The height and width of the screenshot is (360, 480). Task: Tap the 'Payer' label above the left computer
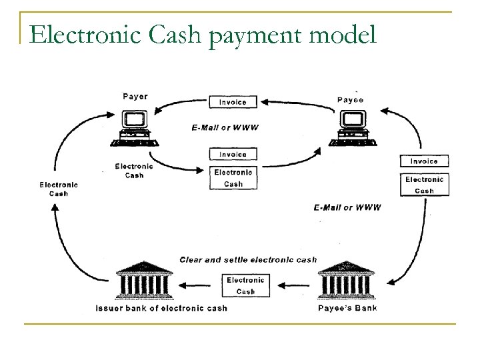(135, 96)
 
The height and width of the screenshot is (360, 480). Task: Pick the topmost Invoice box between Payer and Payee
(233, 102)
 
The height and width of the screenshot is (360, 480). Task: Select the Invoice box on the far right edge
(424, 161)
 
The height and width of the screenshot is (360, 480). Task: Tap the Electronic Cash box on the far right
(424, 185)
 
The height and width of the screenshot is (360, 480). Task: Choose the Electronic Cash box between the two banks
(245, 285)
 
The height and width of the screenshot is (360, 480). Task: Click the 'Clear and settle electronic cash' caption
(248, 259)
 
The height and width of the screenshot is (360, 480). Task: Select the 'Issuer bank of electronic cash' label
(162, 308)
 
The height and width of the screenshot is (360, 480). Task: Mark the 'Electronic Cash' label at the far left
(59, 189)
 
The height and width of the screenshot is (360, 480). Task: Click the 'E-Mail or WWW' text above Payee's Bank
(347, 207)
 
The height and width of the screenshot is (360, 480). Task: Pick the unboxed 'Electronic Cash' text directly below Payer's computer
(134, 171)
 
